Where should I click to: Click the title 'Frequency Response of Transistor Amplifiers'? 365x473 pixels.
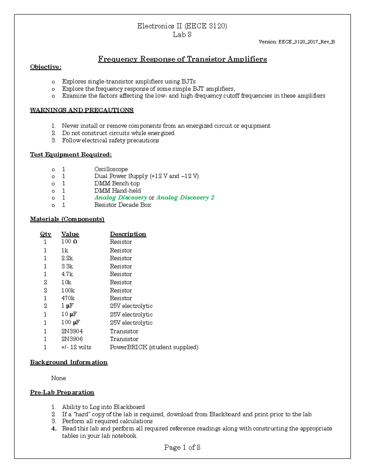(x=182, y=59)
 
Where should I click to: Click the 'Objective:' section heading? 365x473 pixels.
(x=46, y=67)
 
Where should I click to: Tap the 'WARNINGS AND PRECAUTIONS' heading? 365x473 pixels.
(x=82, y=110)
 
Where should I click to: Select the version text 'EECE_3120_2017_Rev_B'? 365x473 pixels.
(x=306, y=42)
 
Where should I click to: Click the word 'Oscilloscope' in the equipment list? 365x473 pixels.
(x=111, y=169)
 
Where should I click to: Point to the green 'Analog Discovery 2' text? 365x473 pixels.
(x=185, y=198)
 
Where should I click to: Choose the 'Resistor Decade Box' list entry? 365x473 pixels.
(x=122, y=205)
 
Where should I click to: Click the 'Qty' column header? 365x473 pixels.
(x=46, y=234)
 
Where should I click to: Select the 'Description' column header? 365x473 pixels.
(x=128, y=234)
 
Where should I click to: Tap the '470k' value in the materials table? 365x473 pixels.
(x=68, y=298)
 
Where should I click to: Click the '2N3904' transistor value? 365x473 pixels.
(x=72, y=331)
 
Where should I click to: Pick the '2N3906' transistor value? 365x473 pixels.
(x=72, y=339)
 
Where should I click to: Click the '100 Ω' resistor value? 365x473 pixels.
(x=69, y=242)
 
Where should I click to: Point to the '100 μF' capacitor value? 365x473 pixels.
(x=71, y=323)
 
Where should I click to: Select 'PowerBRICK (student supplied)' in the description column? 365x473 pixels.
(x=154, y=347)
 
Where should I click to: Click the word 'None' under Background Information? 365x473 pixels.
(x=58, y=378)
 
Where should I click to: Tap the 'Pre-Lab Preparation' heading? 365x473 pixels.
(x=62, y=393)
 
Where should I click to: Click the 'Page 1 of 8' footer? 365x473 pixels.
(x=182, y=447)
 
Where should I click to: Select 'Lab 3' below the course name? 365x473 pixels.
(x=182, y=35)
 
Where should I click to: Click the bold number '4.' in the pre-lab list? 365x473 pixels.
(x=54, y=429)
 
